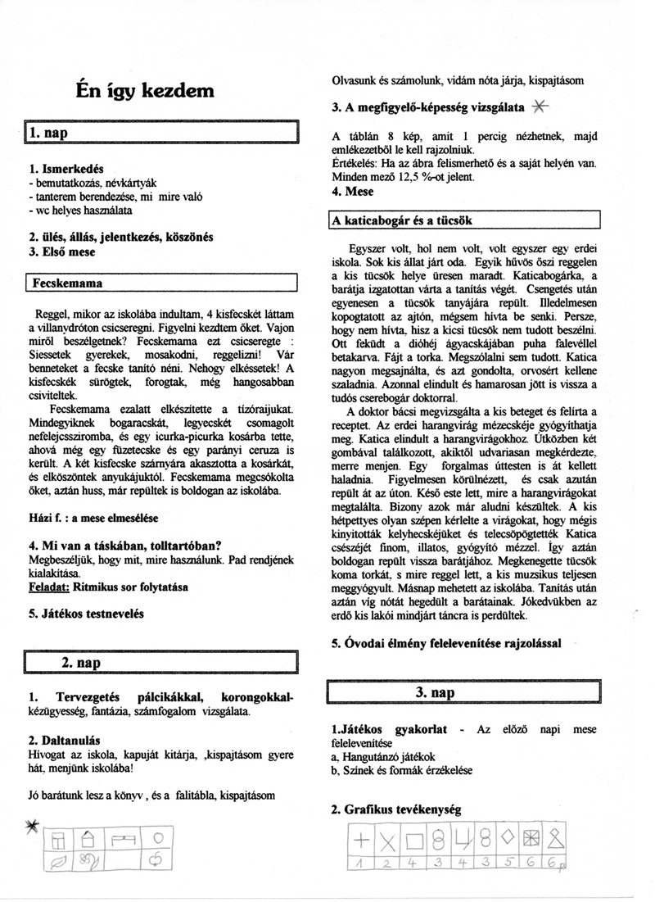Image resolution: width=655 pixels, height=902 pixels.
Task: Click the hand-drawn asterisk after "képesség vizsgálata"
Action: click(540, 106)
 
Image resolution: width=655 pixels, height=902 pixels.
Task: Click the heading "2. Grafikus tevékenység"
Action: click(396, 809)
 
